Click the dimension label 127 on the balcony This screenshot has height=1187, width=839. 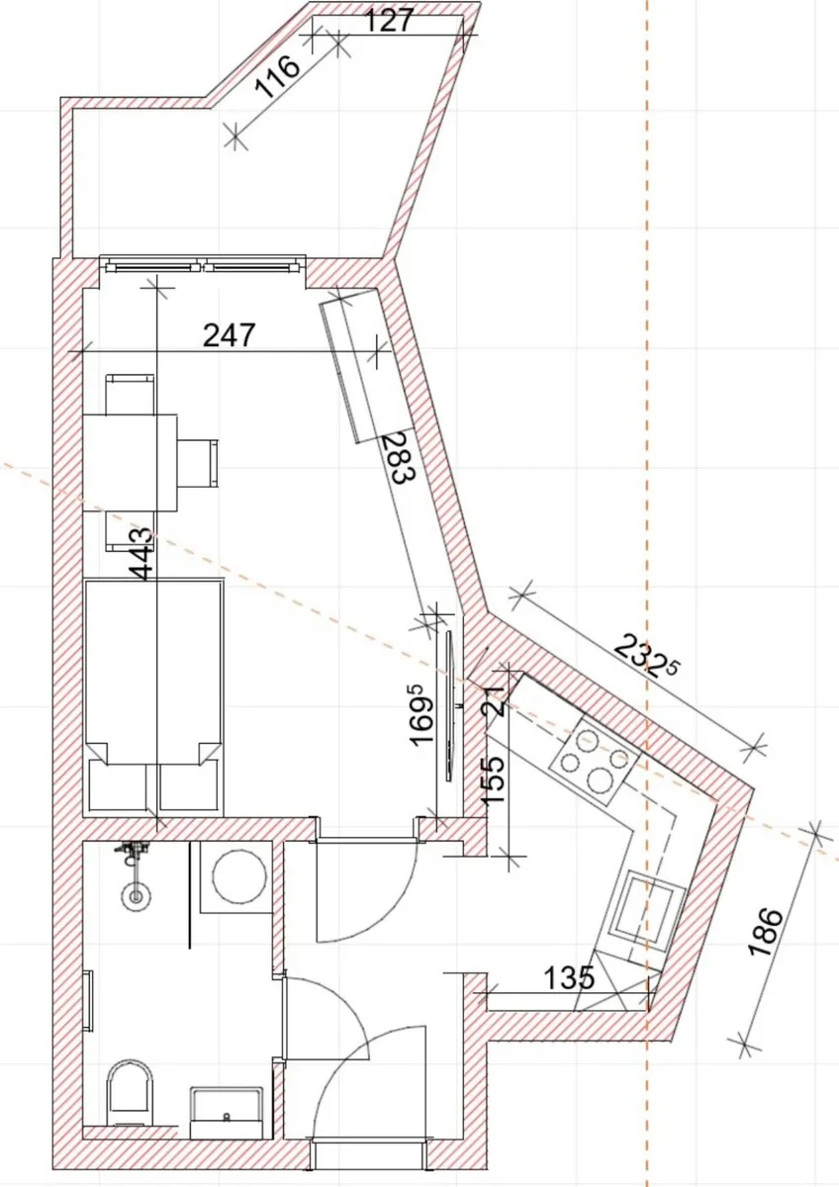(x=389, y=21)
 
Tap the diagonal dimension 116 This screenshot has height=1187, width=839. (x=278, y=77)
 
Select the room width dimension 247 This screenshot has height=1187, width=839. (x=229, y=334)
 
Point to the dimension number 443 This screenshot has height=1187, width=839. (x=141, y=554)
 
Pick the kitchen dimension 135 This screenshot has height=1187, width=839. (x=569, y=978)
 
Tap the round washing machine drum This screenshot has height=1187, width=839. (x=239, y=876)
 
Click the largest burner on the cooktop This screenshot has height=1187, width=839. (x=602, y=780)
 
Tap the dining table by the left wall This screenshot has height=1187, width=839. (x=131, y=463)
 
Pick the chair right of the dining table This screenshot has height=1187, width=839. (x=197, y=463)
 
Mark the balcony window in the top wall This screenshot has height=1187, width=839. (x=203, y=265)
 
